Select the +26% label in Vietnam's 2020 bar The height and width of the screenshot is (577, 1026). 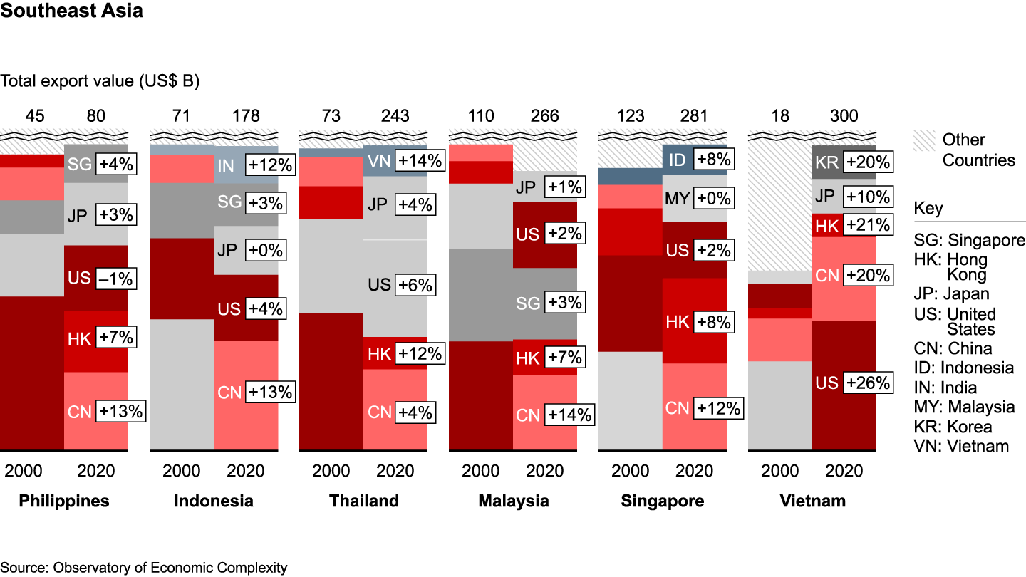coord(868,383)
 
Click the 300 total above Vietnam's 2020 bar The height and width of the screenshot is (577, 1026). coord(844,115)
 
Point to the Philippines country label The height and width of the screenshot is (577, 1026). coord(64,501)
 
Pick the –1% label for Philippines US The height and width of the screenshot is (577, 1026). coord(116,278)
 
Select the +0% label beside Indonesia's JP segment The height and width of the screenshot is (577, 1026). coord(266,250)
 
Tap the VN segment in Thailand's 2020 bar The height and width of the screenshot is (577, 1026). coord(379,161)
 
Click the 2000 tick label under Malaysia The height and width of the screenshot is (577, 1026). coord(481,471)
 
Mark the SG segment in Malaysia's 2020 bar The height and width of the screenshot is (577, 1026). coord(529,303)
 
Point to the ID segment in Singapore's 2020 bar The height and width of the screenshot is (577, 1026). coord(678,160)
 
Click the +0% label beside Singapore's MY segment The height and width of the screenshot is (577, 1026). coord(715,198)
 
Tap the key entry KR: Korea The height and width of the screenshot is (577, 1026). coord(953,427)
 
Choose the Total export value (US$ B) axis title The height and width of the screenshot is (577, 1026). coord(100,81)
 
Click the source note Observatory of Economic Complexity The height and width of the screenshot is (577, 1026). coord(144,568)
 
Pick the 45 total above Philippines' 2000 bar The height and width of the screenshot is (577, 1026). coord(32,115)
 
